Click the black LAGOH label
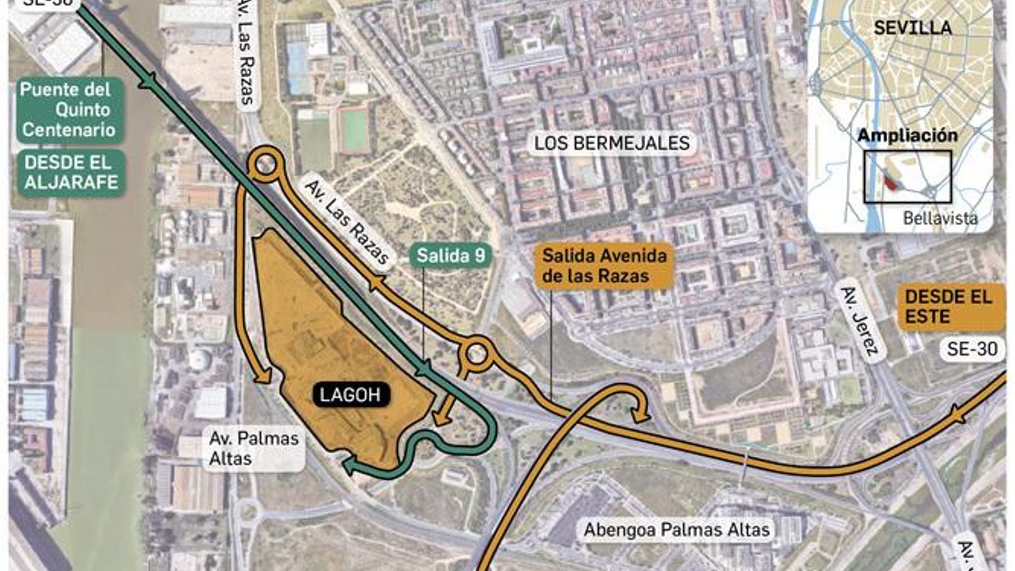[x=350, y=395]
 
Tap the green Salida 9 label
[x=450, y=256]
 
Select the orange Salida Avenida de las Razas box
[x=604, y=266]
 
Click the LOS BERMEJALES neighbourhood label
[x=612, y=143]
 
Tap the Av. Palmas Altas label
[x=254, y=448]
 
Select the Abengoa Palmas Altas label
[x=676, y=530]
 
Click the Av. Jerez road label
[x=860, y=320]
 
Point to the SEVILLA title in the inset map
[x=912, y=28]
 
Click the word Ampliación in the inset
[x=907, y=136]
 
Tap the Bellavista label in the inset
[x=940, y=218]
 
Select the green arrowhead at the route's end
[x=350, y=468]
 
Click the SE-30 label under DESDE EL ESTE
[x=972, y=349]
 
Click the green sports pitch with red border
[x=353, y=130]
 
